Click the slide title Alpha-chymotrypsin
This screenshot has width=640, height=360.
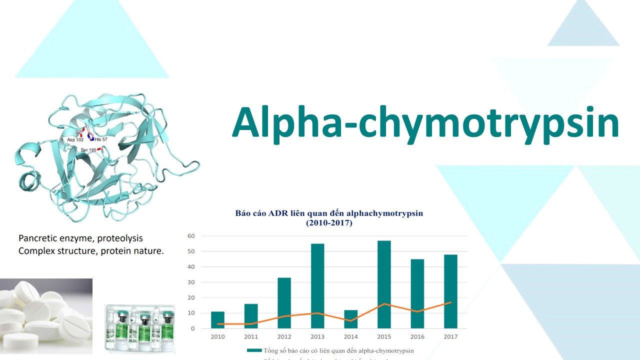coord(425,123)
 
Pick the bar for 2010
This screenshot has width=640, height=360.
coord(217,320)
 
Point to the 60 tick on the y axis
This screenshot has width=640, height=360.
coord(190,236)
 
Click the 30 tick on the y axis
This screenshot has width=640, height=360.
coord(190,282)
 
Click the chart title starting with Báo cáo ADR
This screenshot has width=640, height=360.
coord(329,218)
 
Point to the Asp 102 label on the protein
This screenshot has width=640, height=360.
coord(75,140)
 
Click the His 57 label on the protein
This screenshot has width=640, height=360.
coord(101,139)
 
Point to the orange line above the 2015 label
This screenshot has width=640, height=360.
coord(384,304)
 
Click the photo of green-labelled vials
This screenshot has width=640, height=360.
coord(139,328)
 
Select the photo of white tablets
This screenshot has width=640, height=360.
coord(46,316)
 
